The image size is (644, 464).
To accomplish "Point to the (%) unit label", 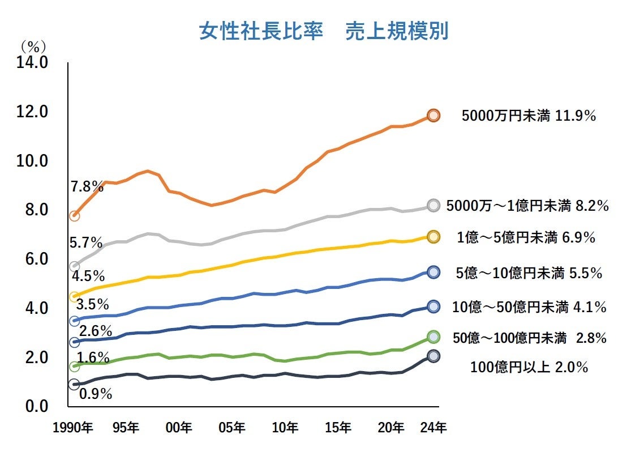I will pos(33,45).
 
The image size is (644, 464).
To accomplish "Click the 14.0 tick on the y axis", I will pos(33,62).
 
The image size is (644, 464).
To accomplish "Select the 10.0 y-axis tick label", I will pos(33,161).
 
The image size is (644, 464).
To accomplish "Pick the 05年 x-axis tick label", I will pos(233,427).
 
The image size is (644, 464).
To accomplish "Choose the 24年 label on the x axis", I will pos(434,427).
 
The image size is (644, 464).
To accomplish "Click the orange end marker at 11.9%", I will pos(433,116).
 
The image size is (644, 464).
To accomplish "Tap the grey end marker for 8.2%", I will pos(433,206).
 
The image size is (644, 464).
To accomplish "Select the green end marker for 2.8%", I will pos(433,337).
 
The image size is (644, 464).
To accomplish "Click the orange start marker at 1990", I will pos(74,216).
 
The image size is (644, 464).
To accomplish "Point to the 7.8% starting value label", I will pos(87,186).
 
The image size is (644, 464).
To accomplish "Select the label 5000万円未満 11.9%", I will pos(529,116).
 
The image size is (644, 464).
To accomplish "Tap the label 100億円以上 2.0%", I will pos(529,367).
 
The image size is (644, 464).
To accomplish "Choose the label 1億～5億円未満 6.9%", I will pos(526,238).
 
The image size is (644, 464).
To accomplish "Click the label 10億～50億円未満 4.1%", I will pos(529,307).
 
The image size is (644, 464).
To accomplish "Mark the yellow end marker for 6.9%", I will pos(433,237).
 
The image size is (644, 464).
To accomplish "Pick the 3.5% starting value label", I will pos(92,304).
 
